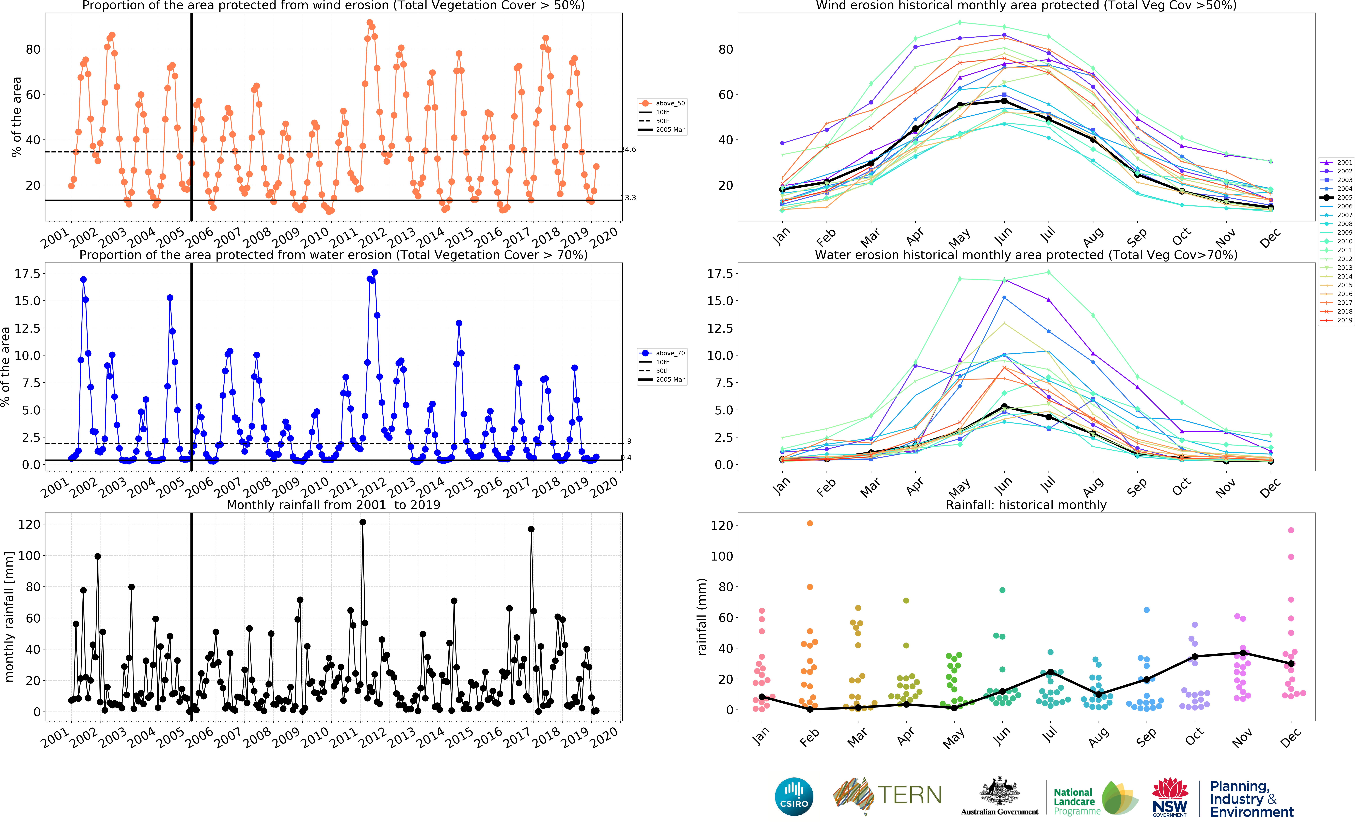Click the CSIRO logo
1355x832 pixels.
click(x=794, y=796)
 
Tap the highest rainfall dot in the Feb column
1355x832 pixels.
click(x=810, y=523)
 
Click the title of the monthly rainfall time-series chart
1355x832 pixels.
click(x=334, y=505)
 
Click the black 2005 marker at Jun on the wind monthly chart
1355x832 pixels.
click(x=1004, y=101)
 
